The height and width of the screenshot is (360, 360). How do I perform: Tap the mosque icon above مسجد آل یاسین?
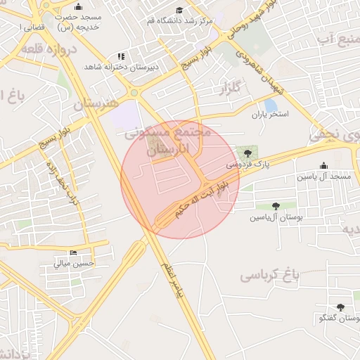(x=323, y=166)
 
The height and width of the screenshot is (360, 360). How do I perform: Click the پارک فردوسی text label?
(x=247, y=164)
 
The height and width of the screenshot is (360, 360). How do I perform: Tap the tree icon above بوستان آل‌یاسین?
(x=276, y=207)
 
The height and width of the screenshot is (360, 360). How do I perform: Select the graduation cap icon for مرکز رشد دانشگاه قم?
(x=179, y=11)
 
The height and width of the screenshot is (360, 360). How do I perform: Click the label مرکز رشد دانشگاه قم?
(x=179, y=20)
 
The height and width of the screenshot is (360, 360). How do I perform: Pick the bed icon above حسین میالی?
(x=74, y=253)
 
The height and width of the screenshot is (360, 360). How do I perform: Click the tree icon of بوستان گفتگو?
(x=340, y=307)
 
